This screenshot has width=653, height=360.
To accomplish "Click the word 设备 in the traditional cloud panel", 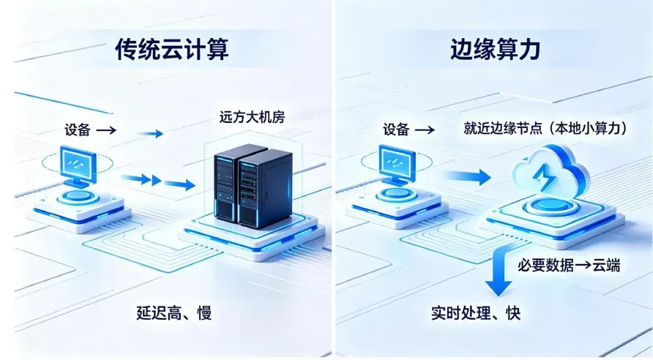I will [77, 130].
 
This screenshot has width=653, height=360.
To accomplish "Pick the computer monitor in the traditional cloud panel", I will [78, 165].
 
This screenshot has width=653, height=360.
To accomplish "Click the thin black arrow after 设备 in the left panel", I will [105, 130].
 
